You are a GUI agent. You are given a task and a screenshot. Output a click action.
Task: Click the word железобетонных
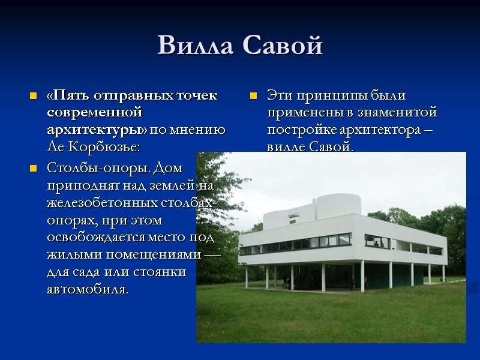[99, 203]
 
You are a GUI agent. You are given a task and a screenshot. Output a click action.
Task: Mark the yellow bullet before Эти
[254, 96]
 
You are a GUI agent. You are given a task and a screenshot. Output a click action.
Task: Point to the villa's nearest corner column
[362, 275]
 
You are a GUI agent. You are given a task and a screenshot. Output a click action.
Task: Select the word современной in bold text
[94, 112]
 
